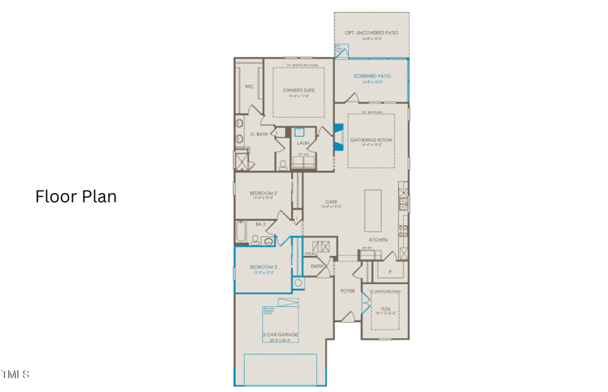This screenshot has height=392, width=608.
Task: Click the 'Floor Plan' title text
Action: (76, 197)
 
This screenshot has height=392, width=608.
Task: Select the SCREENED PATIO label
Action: (372, 77)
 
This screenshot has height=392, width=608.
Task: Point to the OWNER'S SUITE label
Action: (299, 90)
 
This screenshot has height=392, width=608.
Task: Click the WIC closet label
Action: (249, 87)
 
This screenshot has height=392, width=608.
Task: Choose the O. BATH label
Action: (260, 134)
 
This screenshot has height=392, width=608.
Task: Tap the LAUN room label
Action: (302, 142)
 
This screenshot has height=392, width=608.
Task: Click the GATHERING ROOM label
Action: (371, 140)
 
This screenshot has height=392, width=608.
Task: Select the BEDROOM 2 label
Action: (263, 193)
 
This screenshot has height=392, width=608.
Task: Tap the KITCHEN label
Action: (378, 239)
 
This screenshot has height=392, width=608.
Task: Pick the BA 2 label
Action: (260, 224)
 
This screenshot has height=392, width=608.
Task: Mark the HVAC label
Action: (311, 253)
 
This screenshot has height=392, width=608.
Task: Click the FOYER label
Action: (347, 290)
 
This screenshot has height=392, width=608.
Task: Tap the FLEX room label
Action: (385, 309)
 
